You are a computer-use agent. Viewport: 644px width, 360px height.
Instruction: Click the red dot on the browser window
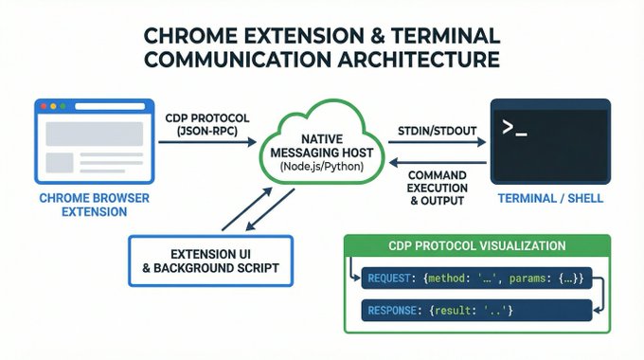tap(44, 106)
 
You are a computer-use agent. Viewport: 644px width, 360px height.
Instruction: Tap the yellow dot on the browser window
tap(53, 106)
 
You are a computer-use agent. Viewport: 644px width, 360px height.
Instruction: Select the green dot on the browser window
tap(63, 106)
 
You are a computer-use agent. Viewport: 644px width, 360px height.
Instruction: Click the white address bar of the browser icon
tap(110, 106)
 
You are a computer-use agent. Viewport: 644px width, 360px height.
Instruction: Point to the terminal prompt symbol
tap(514, 128)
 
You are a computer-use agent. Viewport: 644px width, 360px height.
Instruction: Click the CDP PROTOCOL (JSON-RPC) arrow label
tap(207, 124)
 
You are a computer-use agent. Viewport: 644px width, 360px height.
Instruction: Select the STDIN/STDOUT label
tap(437, 131)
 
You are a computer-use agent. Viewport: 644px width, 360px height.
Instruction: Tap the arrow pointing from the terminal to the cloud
tap(438, 163)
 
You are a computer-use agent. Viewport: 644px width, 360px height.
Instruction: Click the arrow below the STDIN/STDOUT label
tap(437, 142)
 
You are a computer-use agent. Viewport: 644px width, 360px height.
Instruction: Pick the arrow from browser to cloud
tap(207, 142)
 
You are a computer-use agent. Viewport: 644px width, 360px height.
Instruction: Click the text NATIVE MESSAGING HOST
tap(322, 146)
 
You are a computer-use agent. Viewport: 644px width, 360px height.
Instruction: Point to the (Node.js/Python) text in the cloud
tap(322, 167)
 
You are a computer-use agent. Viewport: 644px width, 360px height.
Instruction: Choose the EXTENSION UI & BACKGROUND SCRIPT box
tap(210, 261)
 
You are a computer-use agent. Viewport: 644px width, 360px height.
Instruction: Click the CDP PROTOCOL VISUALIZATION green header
tap(477, 245)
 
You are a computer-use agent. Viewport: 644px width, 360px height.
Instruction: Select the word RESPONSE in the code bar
tap(392, 311)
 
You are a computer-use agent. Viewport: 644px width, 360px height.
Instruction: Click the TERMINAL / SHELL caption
tap(550, 199)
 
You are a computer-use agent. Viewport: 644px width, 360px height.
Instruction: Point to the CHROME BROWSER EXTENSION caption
tap(95, 205)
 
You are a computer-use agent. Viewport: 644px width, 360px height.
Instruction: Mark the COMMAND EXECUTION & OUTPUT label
tap(438, 189)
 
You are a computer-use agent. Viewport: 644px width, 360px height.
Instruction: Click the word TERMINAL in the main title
tap(446, 36)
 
